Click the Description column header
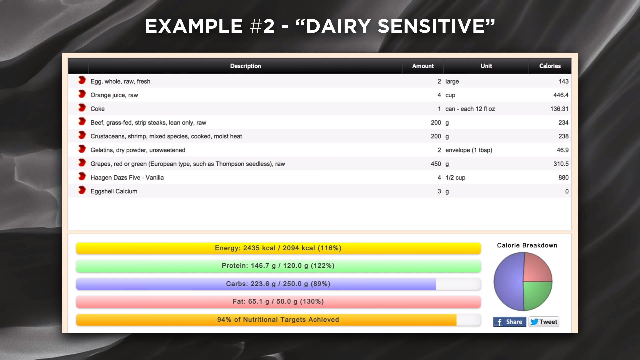tap(245, 66)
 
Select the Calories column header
tap(550, 66)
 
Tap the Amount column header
tap(423, 66)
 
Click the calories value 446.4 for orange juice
tap(561, 95)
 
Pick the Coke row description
tap(97, 109)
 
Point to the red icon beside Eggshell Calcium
tap(82, 190)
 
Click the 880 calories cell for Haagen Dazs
tap(563, 178)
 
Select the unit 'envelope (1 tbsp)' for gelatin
tap(469, 150)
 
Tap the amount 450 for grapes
tap(436, 164)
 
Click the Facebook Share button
tap(510, 322)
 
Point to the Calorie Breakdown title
tap(527, 245)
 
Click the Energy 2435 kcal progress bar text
tap(278, 248)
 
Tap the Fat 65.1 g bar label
tap(278, 301)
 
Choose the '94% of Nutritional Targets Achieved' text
tap(278, 320)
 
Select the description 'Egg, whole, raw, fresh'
tap(120, 81)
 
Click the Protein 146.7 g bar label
tap(278, 266)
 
